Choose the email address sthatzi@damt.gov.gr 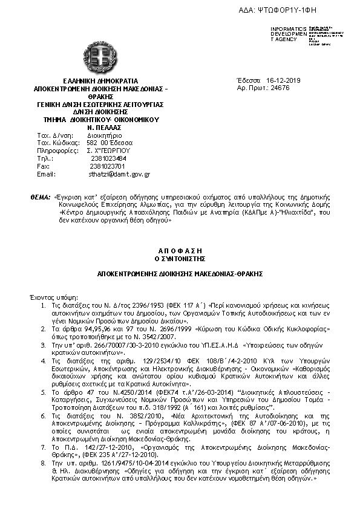119,174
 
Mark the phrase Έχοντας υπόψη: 55,299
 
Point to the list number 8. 43,462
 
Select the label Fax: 43,166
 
